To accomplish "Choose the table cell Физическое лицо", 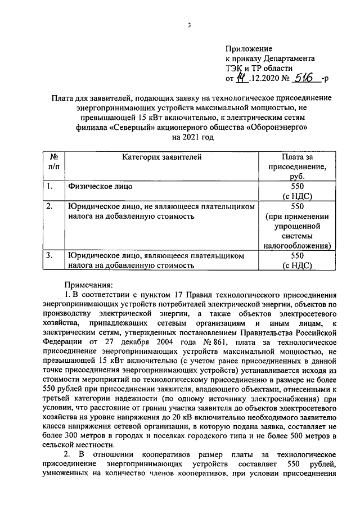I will point(101,186).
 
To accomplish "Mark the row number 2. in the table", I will point(50,206).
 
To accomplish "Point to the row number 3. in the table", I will point(50,256).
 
